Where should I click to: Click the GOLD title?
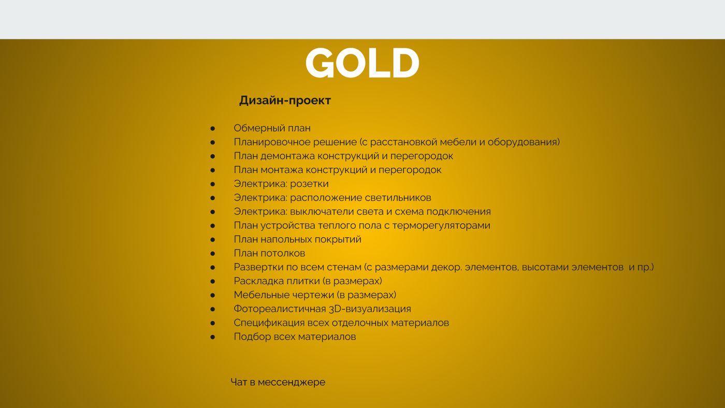click(362, 63)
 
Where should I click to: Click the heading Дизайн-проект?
click(285, 100)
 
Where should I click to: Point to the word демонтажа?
click(287, 156)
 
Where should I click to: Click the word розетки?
click(309, 184)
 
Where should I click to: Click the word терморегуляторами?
click(441, 226)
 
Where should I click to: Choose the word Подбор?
click(253, 337)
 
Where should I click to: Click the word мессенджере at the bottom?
click(291, 383)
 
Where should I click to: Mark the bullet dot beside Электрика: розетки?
click(213, 184)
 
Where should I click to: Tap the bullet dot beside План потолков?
click(213, 254)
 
